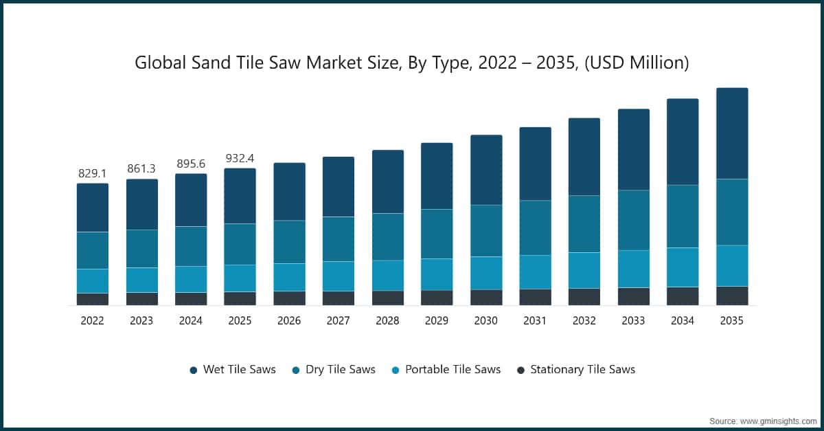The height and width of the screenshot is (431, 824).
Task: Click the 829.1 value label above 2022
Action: [x=93, y=173]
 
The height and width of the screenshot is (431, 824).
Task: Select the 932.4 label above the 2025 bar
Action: [x=240, y=158]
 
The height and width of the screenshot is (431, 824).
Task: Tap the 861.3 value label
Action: [x=142, y=168]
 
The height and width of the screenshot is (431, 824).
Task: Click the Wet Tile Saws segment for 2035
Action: [x=732, y=133]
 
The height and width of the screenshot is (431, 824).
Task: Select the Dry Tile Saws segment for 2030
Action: [x=486, y=230]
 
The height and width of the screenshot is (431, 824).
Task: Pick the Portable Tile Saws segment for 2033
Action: [x=634, y=268]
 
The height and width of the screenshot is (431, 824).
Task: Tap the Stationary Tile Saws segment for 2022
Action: [x=93, y=299]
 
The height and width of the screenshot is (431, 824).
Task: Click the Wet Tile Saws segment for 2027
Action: [x=339, y=187]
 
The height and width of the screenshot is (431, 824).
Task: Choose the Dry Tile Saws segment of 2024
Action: [x=191, y=246]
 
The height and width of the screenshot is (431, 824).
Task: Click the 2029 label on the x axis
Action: [x=437, y=320]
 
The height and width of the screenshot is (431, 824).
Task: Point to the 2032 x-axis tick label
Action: [x=584, y=320]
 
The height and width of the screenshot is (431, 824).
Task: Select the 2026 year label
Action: [x=289, y=320]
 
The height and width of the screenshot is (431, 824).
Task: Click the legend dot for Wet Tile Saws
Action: [x=194, y=370]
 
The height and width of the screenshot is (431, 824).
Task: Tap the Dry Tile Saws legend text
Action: [x=341, y=369]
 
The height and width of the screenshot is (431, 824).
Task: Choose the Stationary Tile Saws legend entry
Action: [x=582, y=369]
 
